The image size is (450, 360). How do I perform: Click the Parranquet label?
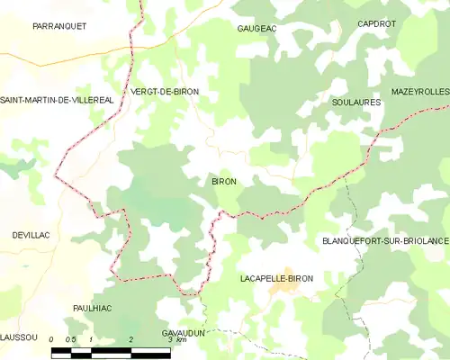coord(59,26)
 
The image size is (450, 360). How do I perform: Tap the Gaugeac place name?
coord(257,29)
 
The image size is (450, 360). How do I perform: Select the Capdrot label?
coord(376,23)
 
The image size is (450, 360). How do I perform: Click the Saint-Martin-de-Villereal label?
coord(57,99)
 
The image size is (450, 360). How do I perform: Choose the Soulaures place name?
coord(356,103)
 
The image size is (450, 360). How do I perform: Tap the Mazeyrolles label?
coord(420,92)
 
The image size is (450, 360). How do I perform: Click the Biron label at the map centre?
coord(224,182)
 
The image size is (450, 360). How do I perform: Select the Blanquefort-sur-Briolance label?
coord(385,241)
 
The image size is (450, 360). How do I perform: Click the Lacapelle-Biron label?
coord(277,279)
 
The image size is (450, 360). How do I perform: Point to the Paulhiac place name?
coord(94,307)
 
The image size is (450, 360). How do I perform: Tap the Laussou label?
coord(18,337)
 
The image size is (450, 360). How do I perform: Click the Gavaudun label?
coord(184,332)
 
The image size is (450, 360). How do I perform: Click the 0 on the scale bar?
coord(52,340)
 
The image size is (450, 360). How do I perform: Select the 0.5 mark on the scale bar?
coord(71,340)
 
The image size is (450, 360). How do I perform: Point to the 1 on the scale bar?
coord(92,340)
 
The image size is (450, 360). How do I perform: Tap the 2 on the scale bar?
coord(131,340)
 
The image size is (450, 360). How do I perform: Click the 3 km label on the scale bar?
coord(175,340)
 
